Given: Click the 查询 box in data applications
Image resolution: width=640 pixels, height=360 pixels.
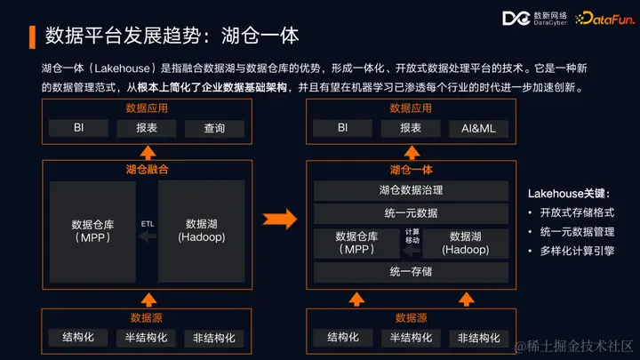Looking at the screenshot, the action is click(213, 128).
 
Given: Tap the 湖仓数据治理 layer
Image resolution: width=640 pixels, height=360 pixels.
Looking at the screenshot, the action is click(411, 189).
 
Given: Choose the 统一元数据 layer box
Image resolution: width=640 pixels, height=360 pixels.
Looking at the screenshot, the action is click(411, 213).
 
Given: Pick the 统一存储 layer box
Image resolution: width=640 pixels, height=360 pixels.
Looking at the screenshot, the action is click(411, 271).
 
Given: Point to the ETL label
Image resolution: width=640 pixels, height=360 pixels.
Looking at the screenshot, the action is click(148, 224).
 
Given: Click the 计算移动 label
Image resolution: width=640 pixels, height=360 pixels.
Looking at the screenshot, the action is click(412, 236).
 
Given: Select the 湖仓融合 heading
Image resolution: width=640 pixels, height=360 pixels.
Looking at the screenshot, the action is click(148, 168).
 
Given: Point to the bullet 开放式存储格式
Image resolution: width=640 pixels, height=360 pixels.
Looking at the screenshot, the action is click(578, 213).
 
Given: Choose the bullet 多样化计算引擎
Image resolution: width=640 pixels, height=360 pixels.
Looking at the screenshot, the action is click(578, 252).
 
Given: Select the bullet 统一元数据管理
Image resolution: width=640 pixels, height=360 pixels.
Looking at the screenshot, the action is click(578, 233).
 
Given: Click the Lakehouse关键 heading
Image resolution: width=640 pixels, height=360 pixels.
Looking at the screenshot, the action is click(570, 193).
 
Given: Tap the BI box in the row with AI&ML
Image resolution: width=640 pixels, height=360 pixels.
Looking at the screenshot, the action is click(342, 128).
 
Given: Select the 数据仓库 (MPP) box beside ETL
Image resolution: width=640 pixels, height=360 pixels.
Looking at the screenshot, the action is click(87, 230).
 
